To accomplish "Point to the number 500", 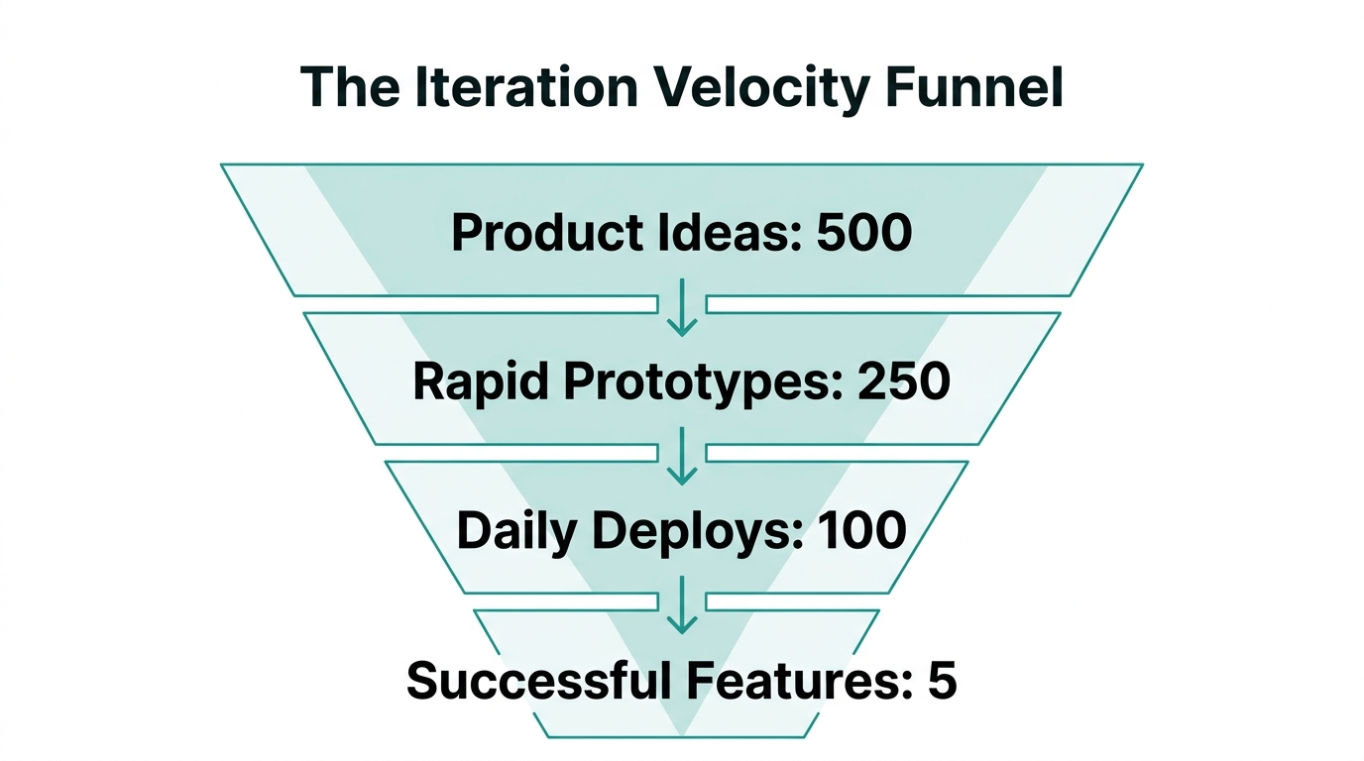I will pyautogui.click(x=863, y=234).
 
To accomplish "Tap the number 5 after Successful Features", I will pyautogui.click(x=942, y=682).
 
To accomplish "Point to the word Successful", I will pyautogui.click(x=533, y=682).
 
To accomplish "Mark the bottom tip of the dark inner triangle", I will pyautogui.click(x=682, y=735).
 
